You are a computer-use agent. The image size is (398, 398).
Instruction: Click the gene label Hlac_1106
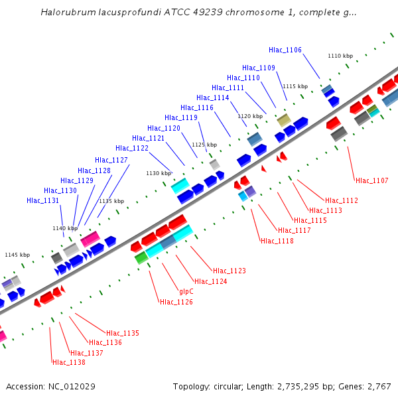(x=285, y=50)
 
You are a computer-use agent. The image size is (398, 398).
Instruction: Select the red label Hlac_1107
(x=372, y=180)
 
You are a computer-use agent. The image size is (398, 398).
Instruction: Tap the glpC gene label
(x=186, y=291)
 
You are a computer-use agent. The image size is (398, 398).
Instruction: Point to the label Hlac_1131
(x=43, y=200)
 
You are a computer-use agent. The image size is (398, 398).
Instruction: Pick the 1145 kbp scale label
(x=17, y=255)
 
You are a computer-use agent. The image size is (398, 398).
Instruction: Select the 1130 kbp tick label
(x=159, y=173)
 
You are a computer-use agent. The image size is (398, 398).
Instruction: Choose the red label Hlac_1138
(x=69, y=362)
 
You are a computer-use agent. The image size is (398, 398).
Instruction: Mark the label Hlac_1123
(x=230, y=271)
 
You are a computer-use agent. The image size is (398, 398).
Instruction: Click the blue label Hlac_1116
(x=197, y=107)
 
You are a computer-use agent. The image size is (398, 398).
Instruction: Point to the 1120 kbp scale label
(x=250, y=116)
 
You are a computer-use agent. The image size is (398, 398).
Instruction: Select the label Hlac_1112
(x=342, y=200)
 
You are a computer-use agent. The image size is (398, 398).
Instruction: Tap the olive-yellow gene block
(x=284, y=119)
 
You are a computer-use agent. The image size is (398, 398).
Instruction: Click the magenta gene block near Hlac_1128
(x=91, y=238)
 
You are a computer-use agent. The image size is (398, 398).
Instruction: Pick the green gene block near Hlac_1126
(x=141, y=257)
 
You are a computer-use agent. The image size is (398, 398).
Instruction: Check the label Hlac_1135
(x=123, y=333)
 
